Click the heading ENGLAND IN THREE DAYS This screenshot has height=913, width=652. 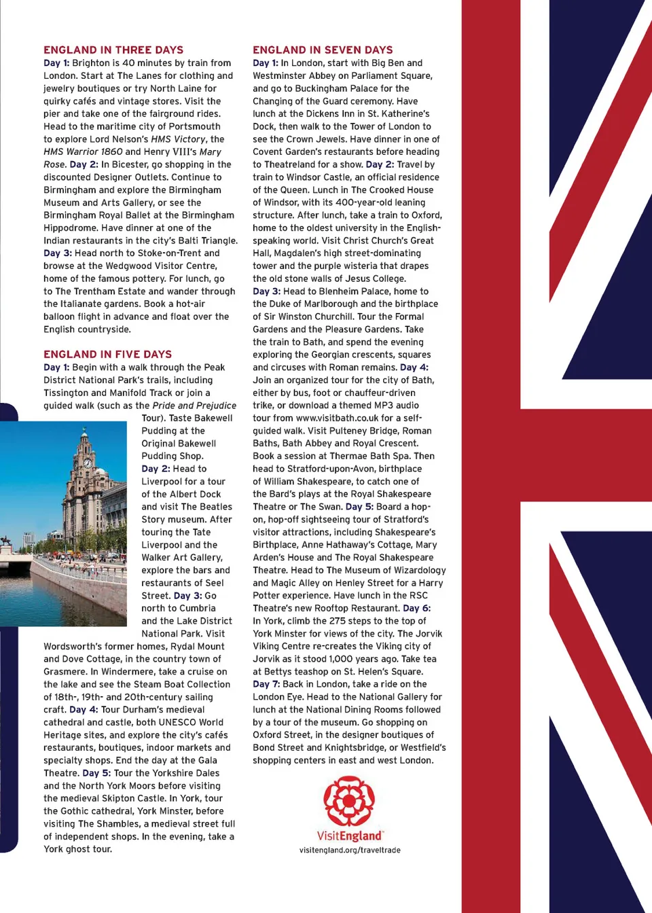113,50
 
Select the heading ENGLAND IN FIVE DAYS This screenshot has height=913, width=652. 107,354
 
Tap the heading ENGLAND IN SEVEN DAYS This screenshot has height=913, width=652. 323,50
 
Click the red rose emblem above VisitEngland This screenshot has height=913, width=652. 349,801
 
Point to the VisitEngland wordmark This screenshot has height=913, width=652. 350,836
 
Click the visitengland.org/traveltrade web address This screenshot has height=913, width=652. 350,850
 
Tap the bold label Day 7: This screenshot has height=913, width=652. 266,684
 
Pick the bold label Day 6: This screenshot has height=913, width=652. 416,608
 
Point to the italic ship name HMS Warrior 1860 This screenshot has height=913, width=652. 83,151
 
